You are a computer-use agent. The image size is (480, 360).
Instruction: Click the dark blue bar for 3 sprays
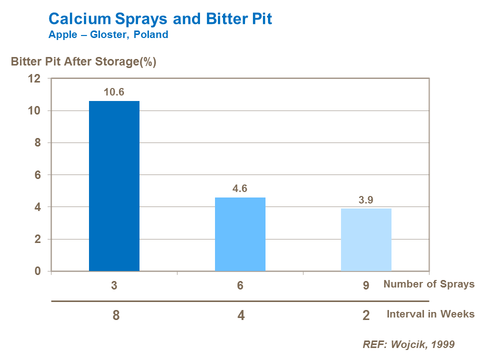coord(114,186)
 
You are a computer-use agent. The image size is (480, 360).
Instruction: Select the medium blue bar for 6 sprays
coord(240,234)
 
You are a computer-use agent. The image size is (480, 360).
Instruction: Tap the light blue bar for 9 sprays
coord(366,239)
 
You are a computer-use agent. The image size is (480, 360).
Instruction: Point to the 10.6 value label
coord(114,92)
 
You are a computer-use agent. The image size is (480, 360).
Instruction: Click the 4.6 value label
coord(240,188)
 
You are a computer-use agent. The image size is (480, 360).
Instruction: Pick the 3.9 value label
coord(366,199)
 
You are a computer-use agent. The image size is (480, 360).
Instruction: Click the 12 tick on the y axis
coord(34,78)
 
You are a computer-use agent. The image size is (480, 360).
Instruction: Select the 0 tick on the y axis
coord(36,271)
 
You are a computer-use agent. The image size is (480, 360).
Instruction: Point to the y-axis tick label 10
coord(34,110)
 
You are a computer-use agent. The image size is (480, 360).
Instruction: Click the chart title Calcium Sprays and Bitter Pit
coord(160,19)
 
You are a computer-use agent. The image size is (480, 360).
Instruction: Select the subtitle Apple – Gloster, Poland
coord(108,35)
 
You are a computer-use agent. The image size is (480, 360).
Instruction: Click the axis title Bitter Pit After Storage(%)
coord(83,62)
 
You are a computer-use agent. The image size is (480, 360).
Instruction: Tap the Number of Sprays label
coord(428,284)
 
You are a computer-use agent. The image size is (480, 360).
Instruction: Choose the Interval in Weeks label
coord(430,314)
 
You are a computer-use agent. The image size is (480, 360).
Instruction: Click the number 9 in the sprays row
coord(366,285)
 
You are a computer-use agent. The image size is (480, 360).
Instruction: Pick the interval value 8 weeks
coord(116,316)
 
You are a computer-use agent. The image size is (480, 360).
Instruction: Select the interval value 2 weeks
coord(366,316)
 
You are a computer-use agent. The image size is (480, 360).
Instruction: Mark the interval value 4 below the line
coord(241,316)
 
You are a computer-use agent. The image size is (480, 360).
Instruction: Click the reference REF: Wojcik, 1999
coord(408,344)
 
